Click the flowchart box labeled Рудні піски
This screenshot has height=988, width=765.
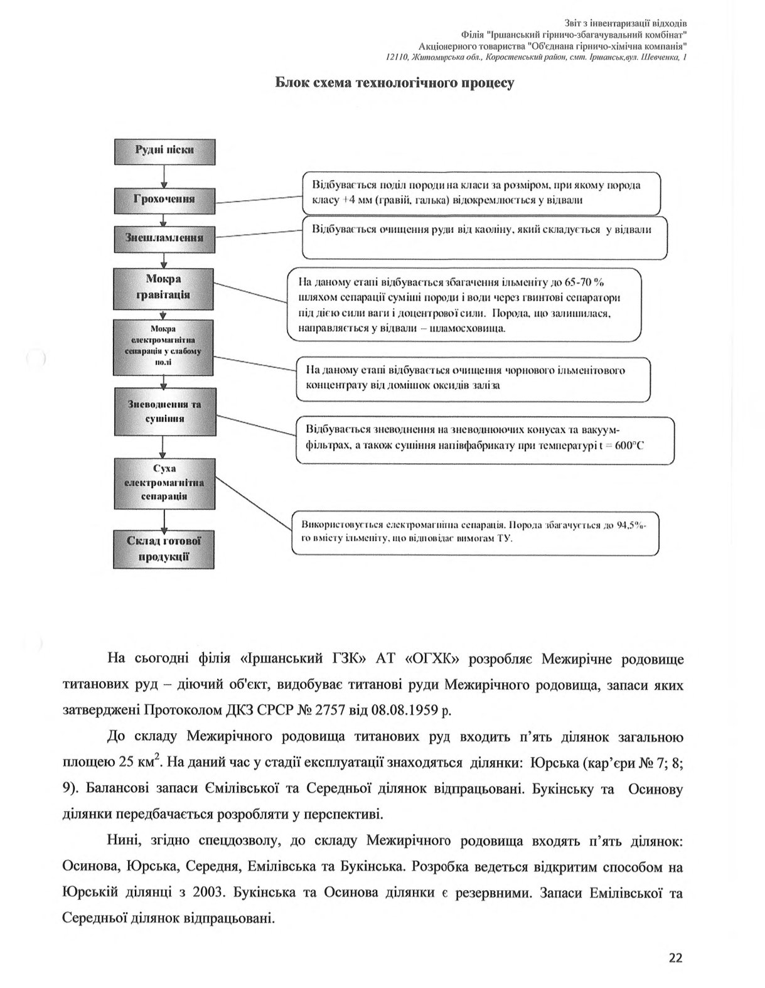pos(164,151)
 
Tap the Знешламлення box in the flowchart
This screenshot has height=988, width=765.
pos(164,239)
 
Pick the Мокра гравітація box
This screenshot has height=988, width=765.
pos(164,287)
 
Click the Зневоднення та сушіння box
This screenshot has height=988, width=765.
pos(164,412)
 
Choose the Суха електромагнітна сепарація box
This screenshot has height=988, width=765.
pos(164,483)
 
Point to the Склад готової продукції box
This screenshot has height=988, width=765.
pos(164,549)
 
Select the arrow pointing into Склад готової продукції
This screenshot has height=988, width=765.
pos(164,519)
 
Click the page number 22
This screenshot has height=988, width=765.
pos(675,958)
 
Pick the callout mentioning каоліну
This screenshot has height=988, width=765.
pos(484,238)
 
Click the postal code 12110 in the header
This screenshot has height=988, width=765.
pos(397,58)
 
